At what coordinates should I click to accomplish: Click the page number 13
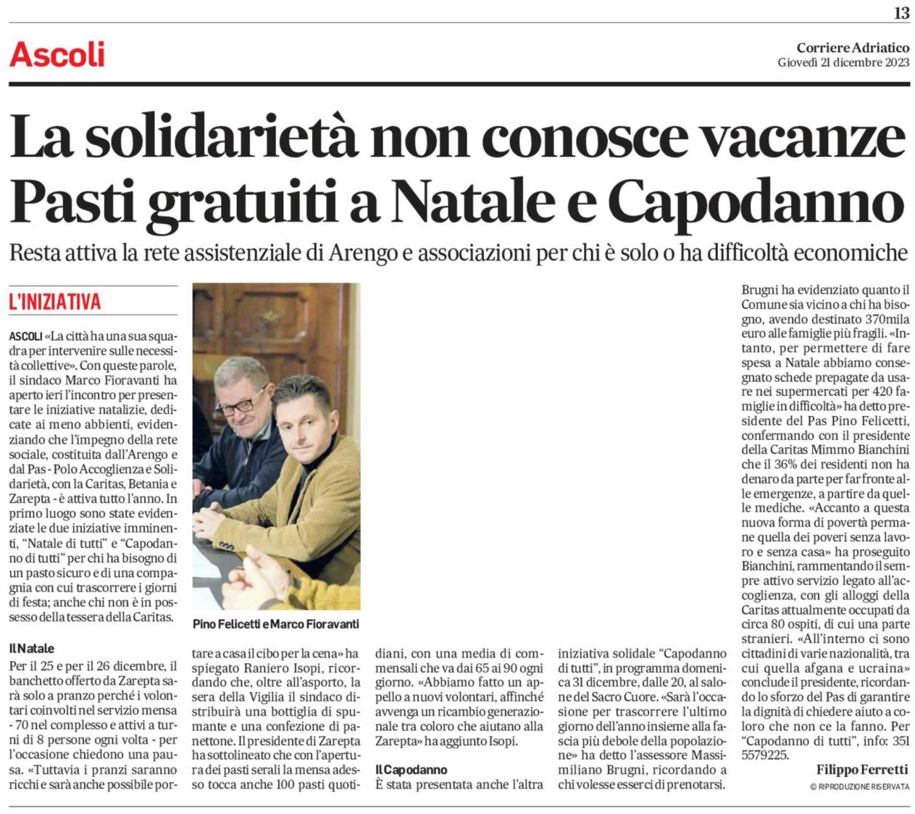click(x=901, y=12)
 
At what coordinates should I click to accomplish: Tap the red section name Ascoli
click(x=57, y=55)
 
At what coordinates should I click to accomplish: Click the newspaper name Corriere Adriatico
click(x=853, y=48)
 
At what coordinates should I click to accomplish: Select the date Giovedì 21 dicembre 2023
click(x=843, y=62)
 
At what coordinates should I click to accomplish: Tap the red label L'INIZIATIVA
click(x=55, y=302)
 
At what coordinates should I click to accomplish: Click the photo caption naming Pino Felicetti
click(x=275, y=624)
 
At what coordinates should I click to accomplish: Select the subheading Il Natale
click(x=31, y=648)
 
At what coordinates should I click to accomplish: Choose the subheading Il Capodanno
click(x=411, y=769)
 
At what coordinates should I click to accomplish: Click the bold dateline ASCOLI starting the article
click(x=26, y=337)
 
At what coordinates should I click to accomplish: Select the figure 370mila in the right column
click(x=887, y=319)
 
